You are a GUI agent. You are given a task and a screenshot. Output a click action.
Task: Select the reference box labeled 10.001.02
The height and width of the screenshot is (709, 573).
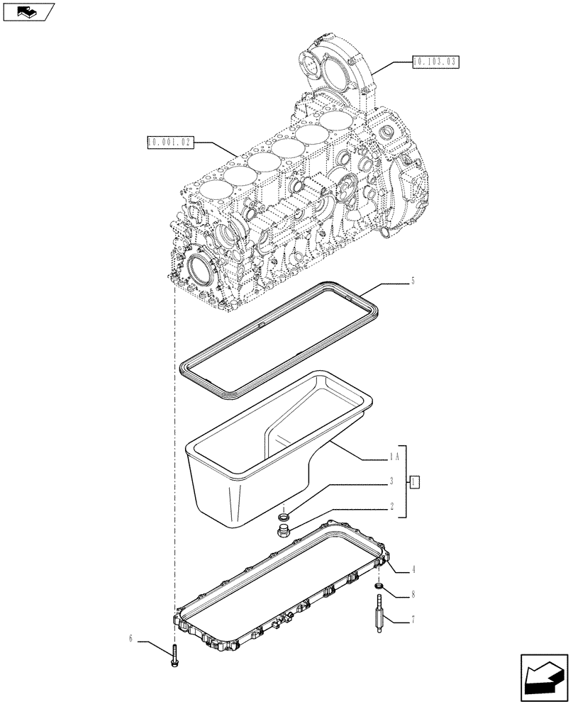click(x=170, y=143)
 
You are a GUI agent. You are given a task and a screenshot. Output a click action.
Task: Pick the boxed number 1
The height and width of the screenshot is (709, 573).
click(x=416, y=482)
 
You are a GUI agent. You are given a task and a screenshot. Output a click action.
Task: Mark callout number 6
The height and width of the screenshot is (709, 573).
click(x=132, y=639)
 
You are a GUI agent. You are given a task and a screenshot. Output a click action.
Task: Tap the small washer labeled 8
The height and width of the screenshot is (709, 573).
click(x=379, y=585)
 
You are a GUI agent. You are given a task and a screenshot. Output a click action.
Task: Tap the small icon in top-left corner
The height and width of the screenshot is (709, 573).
click(x=28, y=12)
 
